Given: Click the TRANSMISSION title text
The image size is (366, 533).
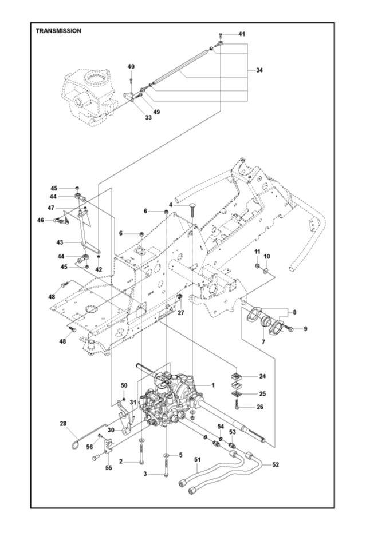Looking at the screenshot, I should click(x=58, y=31).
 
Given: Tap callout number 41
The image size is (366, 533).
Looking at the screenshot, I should click(x=242, y=34).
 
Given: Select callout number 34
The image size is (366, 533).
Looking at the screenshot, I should click(x=259, y=70).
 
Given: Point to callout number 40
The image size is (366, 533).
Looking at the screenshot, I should click(x=131, y=67).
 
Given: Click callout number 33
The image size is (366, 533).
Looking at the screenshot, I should click(x=132, y=117).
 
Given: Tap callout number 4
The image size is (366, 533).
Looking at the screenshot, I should click(x=170, y=205).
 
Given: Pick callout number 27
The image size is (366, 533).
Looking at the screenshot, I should click(x=181, y=313).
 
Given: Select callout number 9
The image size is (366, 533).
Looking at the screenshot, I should click(x=305, y=329).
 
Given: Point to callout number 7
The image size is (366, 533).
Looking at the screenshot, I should click(x=264, y=341).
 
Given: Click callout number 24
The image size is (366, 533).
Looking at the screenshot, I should click(x=262, y=377).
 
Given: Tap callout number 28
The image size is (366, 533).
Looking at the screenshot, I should click(x=64, y=424).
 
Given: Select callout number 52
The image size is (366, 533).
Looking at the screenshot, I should click(x=276, y=464).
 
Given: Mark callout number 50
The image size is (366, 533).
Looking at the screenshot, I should click(x=124, y=385).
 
